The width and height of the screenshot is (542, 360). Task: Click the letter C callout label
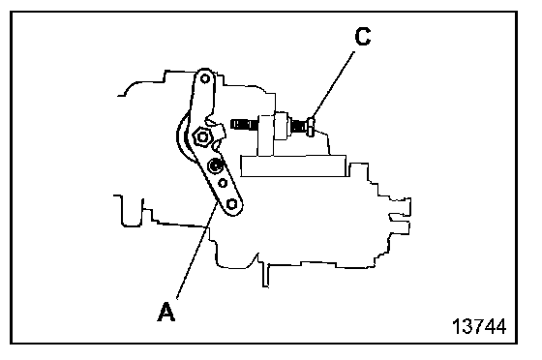click(x=363, y=37)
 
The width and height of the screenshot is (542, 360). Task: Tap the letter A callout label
click(x=166, y=312)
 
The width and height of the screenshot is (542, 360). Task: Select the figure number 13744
click(x=479, y=326)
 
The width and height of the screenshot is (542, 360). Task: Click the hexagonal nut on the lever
click(x=202, y=137)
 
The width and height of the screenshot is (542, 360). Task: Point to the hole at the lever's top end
click(x=205, y=78)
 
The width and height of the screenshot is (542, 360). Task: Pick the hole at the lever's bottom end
click(x=232, y=204)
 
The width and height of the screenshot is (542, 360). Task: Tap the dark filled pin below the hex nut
click(x=215, y=166)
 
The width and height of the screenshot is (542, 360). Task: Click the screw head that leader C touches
click(x=311, y=127)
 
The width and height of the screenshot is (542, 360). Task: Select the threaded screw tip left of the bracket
click(x=243, y=125)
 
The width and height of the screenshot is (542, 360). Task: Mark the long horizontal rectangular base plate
click(x=293, y=166)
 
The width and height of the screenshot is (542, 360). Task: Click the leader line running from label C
click(x=333, y=85)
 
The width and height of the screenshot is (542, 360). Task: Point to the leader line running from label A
click(x=197, y=251)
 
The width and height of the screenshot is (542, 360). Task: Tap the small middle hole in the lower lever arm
click(x=223, y=183)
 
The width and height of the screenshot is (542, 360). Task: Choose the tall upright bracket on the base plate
click(x=266, y=135)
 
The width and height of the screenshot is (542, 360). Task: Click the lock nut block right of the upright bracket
click(x=283, y=126)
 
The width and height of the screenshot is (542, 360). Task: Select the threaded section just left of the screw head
click(x=299, y=126)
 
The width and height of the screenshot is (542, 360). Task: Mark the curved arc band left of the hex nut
click(x=182, y=138)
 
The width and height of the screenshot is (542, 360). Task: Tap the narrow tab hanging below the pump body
click(x=265, y=276)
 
